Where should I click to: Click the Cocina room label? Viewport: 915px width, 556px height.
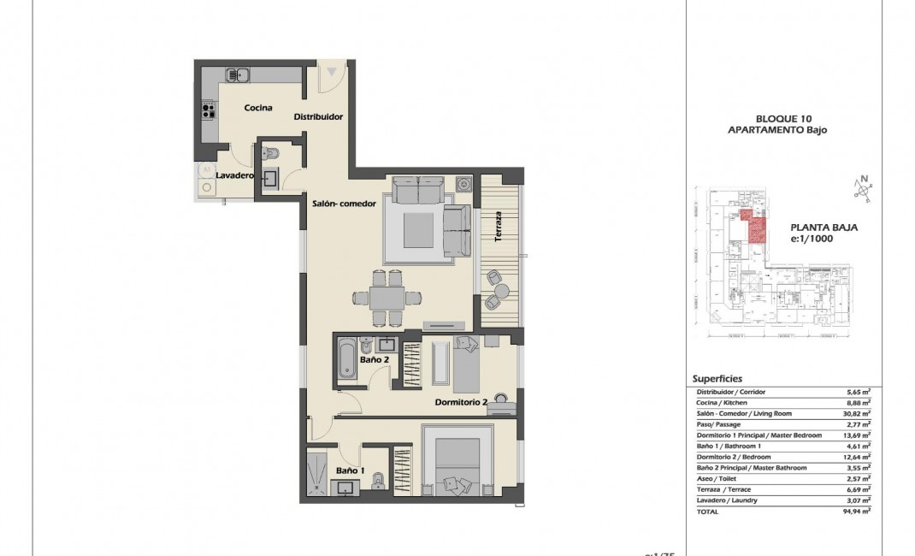tap(257, 108)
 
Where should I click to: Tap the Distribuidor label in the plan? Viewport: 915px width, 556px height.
tap(318, 117)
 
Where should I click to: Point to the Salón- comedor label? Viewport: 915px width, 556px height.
tap(343, 204)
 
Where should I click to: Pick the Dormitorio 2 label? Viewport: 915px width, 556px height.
tap(461, 402)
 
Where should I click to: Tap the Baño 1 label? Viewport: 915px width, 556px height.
tap(350, 470)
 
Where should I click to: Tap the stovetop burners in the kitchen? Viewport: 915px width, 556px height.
tap(206, 109)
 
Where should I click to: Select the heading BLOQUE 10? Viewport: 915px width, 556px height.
tap(776, 118)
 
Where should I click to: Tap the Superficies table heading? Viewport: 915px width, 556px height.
tap(717, 378)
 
